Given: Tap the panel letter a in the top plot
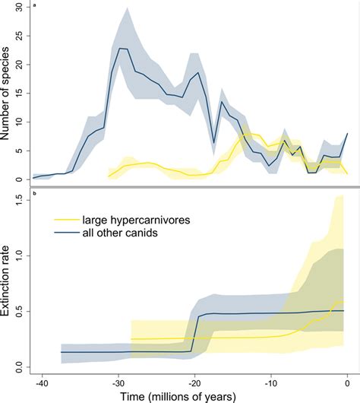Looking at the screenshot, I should pos(33,7).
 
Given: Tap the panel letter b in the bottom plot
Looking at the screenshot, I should pos(33,199).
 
